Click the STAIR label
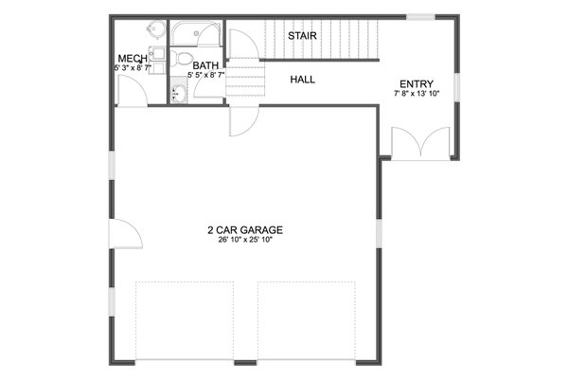(303, 37)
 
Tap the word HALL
(303, 80)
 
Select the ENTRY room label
(417, 83)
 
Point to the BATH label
(206, 65)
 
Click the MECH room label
(132, 58)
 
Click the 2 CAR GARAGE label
(245, 229)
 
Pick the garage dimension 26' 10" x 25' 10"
(245, 240)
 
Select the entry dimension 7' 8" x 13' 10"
(417, 93)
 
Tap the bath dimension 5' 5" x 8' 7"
(205, 75)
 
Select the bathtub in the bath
(198, 36)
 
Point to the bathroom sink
(179, 94)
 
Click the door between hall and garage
(242, 121)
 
